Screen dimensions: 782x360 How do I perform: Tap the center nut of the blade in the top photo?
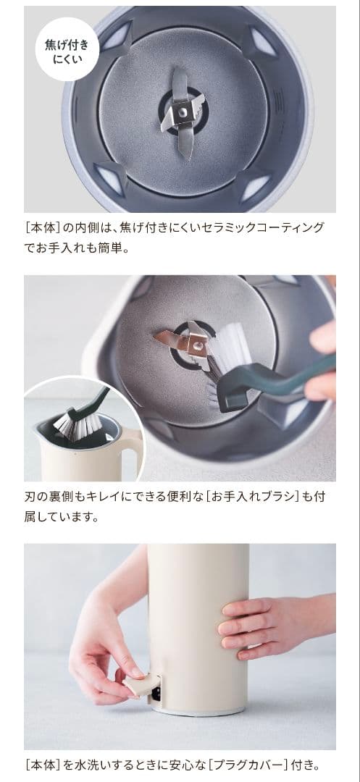tap(184, 112)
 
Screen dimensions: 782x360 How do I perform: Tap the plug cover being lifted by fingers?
tap(140, 681)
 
